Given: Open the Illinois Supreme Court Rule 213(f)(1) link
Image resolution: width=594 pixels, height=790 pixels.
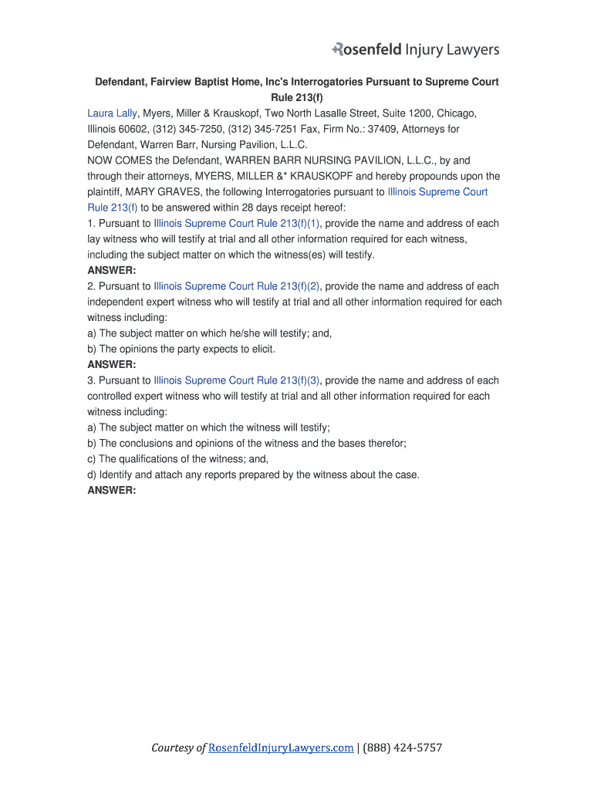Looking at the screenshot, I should tap(237, 223).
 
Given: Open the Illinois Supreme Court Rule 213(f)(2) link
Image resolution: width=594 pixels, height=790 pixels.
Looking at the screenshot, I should tap(237, 285).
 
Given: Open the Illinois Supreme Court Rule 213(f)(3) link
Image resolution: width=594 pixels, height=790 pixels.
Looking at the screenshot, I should tap(237, 380).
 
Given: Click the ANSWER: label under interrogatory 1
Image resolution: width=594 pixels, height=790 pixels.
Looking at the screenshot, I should tap(112, 270).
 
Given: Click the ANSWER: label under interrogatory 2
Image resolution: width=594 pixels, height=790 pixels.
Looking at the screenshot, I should tap(112, 364).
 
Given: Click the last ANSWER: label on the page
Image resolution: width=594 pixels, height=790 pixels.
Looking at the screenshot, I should tap(112, 490).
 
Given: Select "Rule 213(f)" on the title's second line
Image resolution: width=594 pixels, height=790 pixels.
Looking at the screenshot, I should tap(297, 97).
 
